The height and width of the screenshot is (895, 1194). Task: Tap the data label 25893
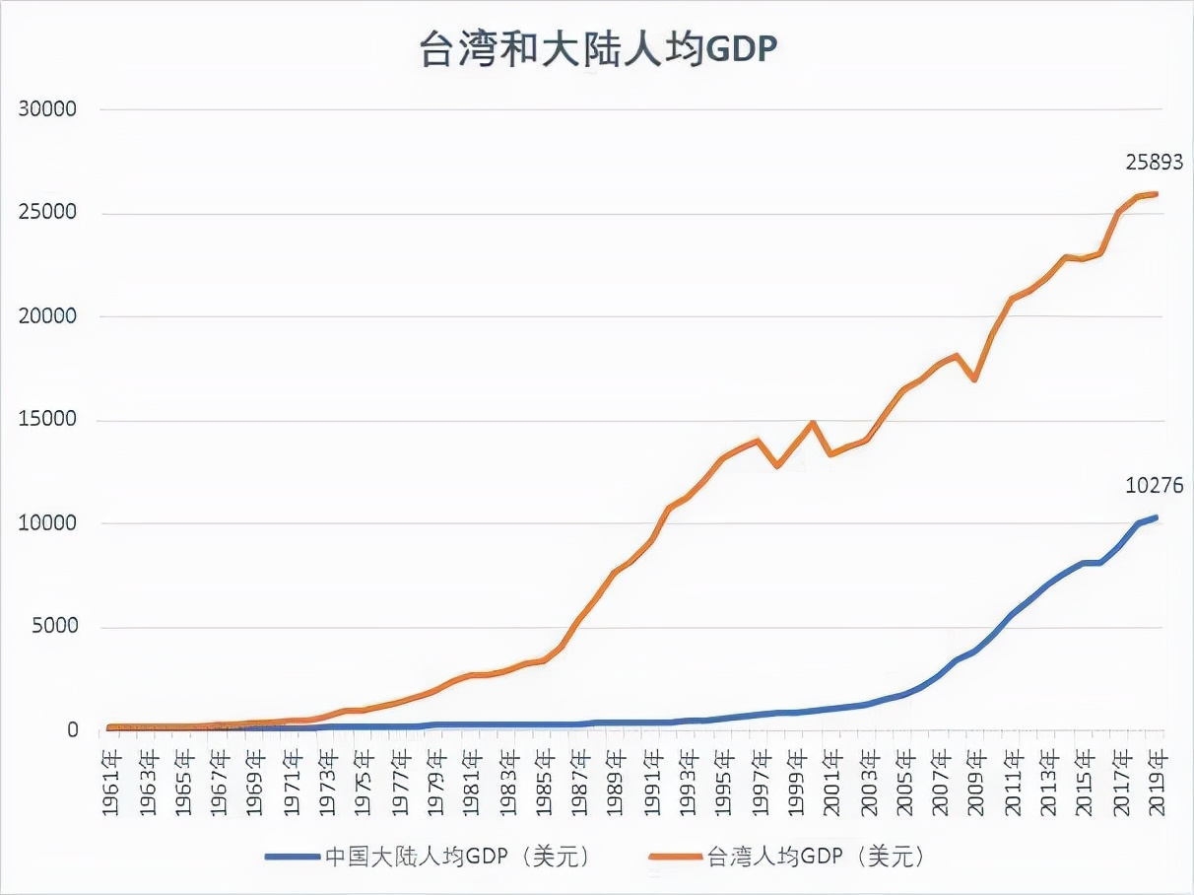tap(1154, 164)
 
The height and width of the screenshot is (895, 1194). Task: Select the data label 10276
tap(1154, 486)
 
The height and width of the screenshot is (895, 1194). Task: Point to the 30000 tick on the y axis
tap(47, 109)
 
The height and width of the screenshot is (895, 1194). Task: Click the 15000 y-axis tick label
tap(47, 420)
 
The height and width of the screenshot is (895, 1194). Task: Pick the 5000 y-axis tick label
tap(53, 627)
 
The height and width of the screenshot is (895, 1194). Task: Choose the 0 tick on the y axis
tap(72, 730)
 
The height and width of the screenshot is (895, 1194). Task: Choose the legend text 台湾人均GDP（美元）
tap(817, 857)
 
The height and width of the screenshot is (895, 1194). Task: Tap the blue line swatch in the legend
tap(293, 857)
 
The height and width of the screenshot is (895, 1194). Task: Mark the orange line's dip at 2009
tap(974, 379)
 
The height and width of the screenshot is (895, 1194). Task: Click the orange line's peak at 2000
tap(813, 423)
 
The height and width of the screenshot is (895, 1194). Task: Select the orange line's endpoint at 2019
tap(1156, 194)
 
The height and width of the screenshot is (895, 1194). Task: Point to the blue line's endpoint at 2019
tap(1156, 517)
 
